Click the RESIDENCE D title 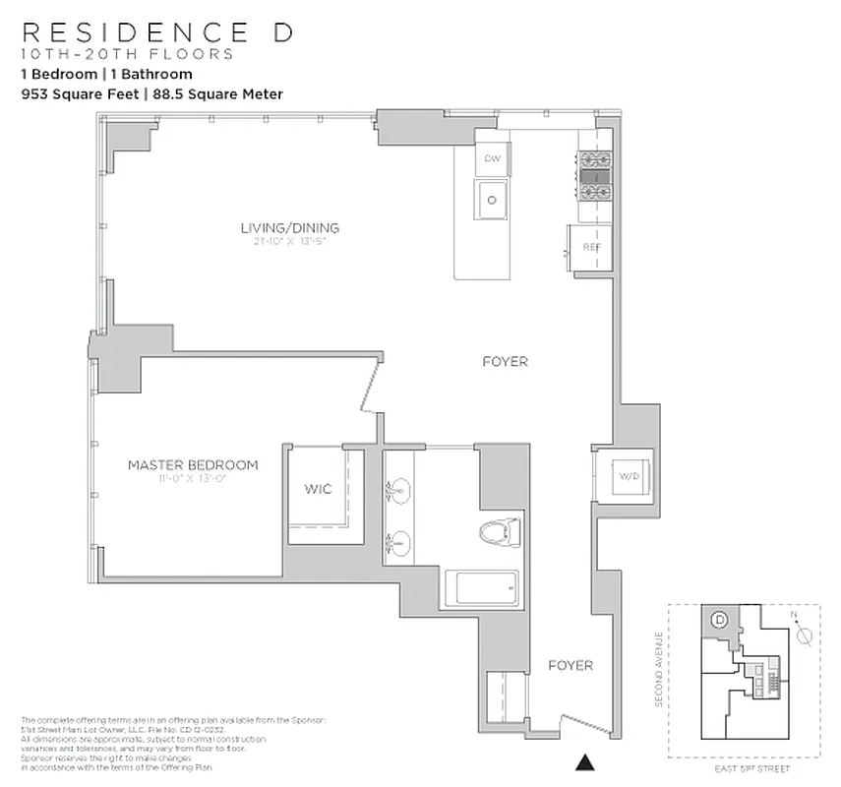(156, 32)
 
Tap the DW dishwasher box (492, 158)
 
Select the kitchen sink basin (492, 200)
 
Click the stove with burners (594, 176)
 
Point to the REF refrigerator (591, 247)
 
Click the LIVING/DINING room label (290, 228)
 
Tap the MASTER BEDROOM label (193, 465)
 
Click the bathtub (481, 590)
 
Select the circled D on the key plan (719, 620)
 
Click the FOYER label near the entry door (571, 666)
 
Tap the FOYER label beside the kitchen (505, 362)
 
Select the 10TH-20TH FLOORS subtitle (128, 54)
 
